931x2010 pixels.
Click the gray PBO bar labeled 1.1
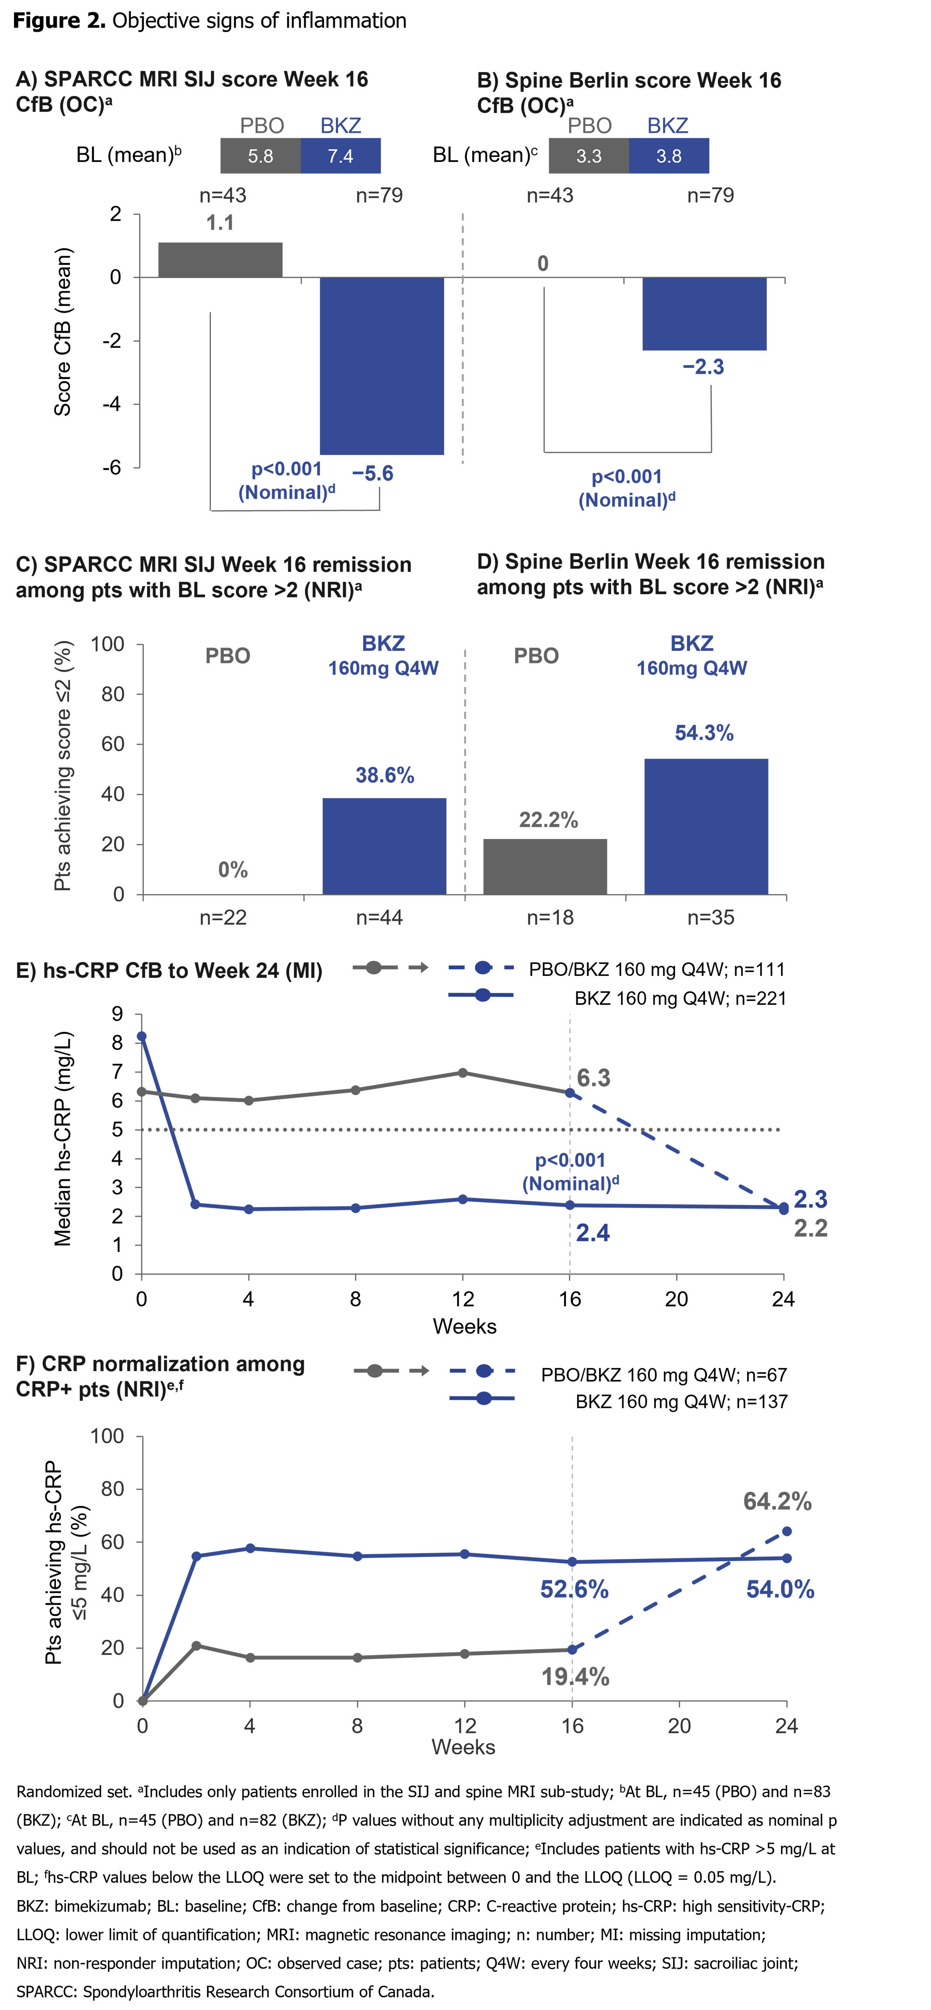pyautogui.click(x=220, y=260)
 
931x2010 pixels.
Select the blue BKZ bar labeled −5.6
pyautogui.click(x=382, y=365)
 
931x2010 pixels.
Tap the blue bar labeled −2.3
pyautogui.click(x=704, y=314)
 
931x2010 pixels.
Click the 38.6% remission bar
pyautogui.click(x=384, y=846)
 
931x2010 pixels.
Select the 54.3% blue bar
pyautogui.click(x=706, y=826)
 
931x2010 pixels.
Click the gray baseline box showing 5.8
pyautogui.click(x=261, y=156)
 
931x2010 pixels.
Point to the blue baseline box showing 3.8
pyautogui.click(x=669, y=156)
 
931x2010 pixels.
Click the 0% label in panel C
pyautogui.click(x=233, y=870)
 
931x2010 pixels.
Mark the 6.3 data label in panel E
pyautogui.click(x=593, y=1078)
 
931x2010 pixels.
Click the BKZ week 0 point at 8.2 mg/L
pyautogui.click(x=141, y=1037)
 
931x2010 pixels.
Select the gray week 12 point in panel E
pyautogui.click(x=463, y=1073)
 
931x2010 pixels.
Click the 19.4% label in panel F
pyautogui.click(x=575, y=1677)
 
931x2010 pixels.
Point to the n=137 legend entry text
pyautogui.click(x=681, y=1401)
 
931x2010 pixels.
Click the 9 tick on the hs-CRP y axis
pyautogui.click(x=117, y=1015)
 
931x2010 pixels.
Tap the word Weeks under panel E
pyautogui.click(x=464, y=1326)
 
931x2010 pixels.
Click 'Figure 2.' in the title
pyautogui.click(x=59, y=21)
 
